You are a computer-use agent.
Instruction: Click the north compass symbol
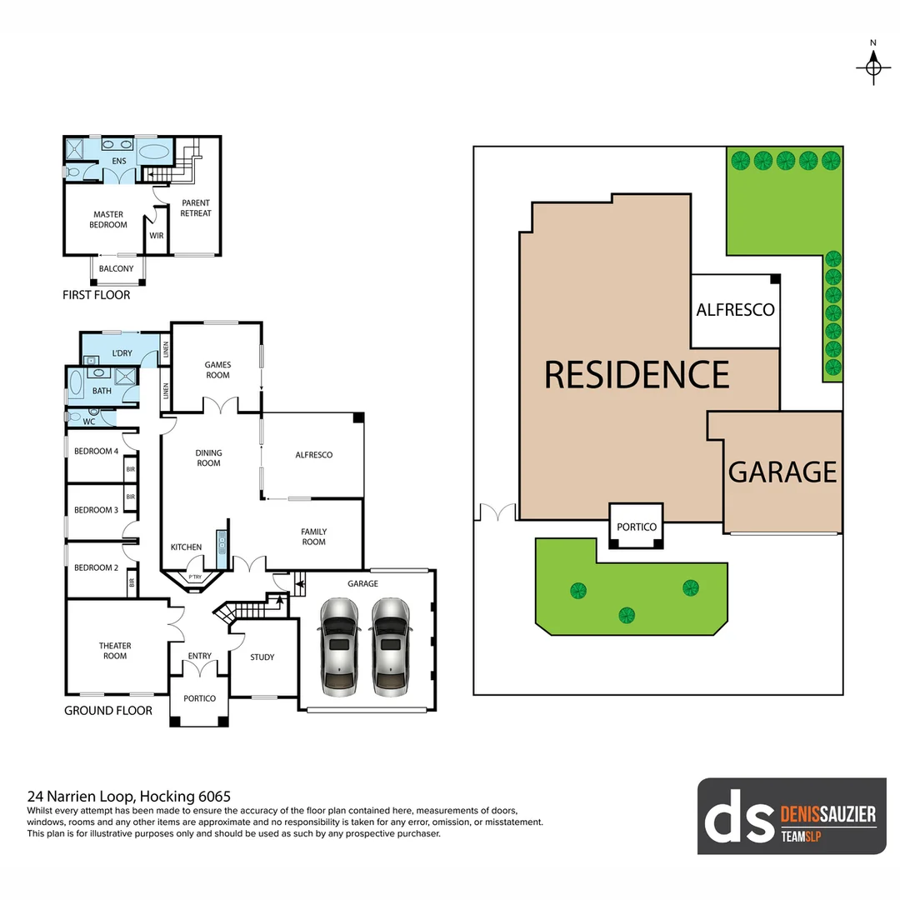pyautogui.click(x=873, y=65)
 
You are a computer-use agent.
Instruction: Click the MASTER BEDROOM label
pyautogui.click(x=108, y=219)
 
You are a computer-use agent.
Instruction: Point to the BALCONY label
pyautogui.click(x=116, y=268)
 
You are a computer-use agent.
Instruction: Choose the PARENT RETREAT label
pyautogui.click(x=196, y=208)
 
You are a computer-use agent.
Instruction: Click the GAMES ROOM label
pyautogui.click(x=217, y=370)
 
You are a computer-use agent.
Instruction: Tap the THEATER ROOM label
pyautogui.click(x=115, y=651)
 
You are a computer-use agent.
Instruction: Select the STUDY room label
pyautogui.click(x=262, y=657)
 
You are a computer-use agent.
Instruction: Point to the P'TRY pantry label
pyautogui.click(x=195, y=577)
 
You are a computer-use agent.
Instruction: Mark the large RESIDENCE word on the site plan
pyautogui.click(x=637, y=375)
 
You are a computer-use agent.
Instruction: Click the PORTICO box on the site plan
pyautogui.click(x=637, y=527)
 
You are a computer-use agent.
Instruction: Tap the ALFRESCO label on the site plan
pyautogui.click(x=735, y=310)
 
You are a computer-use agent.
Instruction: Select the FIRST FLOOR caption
pyautogui.click(x=97, y=295)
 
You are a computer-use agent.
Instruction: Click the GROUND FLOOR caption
pyautogui.click(x=108, y=711)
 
